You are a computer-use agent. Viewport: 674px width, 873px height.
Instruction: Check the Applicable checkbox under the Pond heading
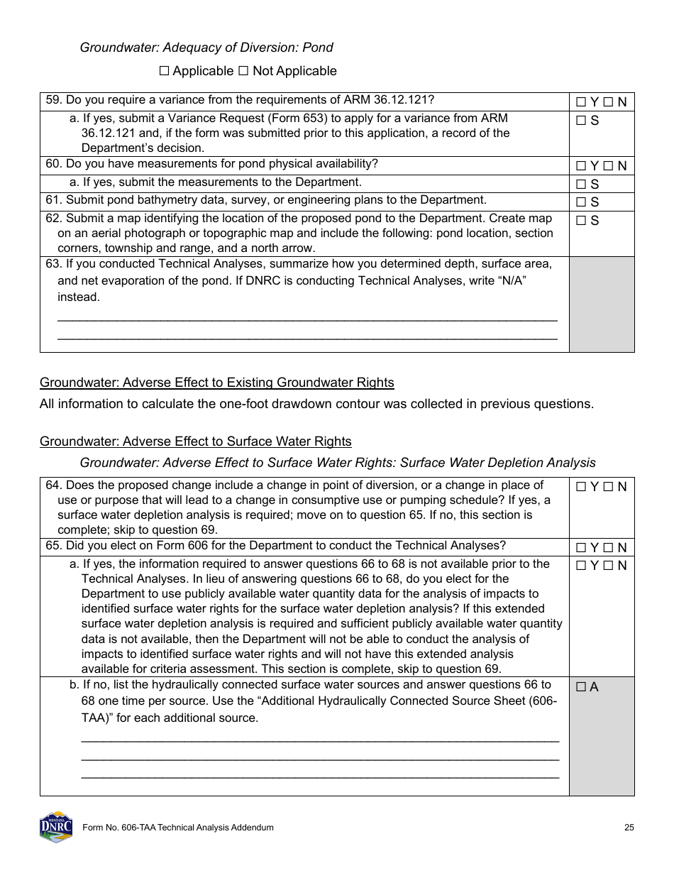(x=165, y=71)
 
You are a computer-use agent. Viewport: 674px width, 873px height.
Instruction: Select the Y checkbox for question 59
(x=581, y=102)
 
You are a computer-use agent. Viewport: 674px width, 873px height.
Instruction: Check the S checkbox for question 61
(x=581, y=202)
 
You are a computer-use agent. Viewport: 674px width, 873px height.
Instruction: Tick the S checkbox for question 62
(x=581, y=221)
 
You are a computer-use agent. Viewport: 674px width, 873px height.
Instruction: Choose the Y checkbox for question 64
(x=581, y=487)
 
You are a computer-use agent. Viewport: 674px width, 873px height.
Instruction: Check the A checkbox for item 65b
(x=581, y=687)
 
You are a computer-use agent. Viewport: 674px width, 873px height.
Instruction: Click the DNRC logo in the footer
(x=56, y=828)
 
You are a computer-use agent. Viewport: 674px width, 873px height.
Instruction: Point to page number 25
(x=629, y=828)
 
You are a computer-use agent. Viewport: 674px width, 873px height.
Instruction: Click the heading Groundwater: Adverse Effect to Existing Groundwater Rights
(x=216, y=383)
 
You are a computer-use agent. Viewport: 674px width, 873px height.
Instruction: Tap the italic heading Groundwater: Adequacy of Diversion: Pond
(x=206, y=48)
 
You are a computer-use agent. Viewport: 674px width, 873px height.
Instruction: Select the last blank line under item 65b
(x=320, y=776)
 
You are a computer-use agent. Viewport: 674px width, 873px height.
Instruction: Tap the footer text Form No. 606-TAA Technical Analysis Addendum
(x=178, y=828)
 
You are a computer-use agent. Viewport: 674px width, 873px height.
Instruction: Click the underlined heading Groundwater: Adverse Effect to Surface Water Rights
(x=195, y=441)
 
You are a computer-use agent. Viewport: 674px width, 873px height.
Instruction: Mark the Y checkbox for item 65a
(x=581, y=566)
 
